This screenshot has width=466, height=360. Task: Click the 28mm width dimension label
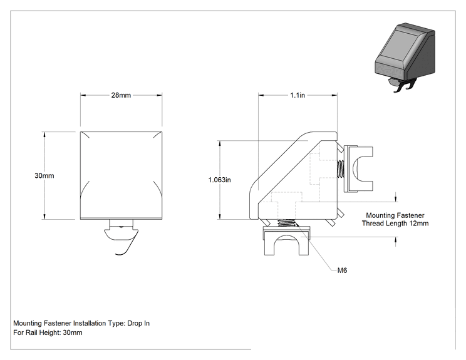click(x=121, y=95)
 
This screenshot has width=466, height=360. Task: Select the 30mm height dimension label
click(x=44, y=175)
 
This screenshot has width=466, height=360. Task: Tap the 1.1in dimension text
click(x=298, y=95)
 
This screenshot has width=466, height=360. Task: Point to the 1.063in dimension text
click(x=220, y=180)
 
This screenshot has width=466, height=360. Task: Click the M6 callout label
click(x=343, y=270)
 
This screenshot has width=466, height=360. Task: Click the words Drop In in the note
click(x=138, y=323)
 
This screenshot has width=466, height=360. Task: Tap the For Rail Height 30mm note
click(x=48, y=332)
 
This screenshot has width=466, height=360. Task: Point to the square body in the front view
click(x=122, y=175)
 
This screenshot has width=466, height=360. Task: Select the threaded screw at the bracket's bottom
click(x=287, y=222)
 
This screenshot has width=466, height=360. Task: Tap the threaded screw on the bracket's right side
click(x=341, y=169)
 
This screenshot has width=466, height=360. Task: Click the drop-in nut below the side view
click(x=287, y=240)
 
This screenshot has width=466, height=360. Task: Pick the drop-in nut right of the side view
click(x=358, y=168)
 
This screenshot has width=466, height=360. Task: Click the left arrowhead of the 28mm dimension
click(x=83, y=95)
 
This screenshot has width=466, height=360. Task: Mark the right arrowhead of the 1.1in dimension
click(x=334, y=95)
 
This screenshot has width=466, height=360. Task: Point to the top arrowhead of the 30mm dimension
click(x=44, y=135)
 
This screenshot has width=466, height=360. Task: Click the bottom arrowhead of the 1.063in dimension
click(x=220, y=217)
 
